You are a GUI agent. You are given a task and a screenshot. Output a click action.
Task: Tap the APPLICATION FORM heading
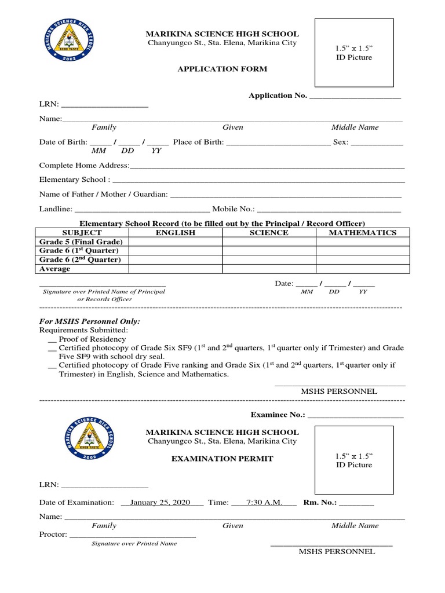tap(222, 69)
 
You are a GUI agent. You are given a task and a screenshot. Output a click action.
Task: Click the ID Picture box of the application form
tap(354, 52)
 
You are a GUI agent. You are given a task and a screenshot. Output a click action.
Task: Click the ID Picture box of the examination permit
tap(354, 459)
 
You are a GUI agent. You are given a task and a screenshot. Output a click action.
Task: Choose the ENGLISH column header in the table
tap(176, 233)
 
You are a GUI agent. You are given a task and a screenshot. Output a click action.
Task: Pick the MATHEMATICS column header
tap(363, 233)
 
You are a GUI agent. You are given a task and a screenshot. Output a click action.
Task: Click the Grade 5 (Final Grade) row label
tap(81, 242)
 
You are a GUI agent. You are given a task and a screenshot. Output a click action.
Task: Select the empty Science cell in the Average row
tap(269, 269)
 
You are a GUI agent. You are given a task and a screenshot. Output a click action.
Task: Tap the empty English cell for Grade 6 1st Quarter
tap(176, 251)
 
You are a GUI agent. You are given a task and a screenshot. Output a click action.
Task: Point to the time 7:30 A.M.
tap(264, 503)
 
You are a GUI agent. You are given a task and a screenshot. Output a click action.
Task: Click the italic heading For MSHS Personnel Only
tap(89, 321)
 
